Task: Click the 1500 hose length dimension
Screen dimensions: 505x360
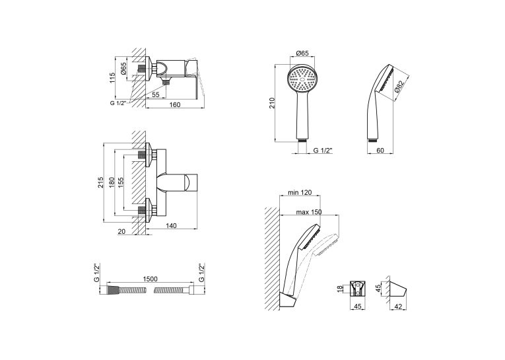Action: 149,279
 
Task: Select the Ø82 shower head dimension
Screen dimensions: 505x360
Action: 399,87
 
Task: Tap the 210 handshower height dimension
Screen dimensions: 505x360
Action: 272,103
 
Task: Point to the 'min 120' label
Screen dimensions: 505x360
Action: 300,192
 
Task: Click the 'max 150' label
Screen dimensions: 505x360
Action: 309,212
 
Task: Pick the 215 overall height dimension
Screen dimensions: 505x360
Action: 101,182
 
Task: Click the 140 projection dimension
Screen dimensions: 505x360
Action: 171,226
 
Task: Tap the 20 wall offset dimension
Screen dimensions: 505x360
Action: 121,231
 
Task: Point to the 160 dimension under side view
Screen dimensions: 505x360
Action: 175,104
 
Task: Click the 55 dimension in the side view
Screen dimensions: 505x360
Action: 156,94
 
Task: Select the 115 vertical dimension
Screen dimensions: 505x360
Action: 112,78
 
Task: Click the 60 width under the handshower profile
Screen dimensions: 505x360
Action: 380,150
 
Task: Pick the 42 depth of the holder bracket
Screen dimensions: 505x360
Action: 398,306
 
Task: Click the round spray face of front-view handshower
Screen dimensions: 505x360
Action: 302,79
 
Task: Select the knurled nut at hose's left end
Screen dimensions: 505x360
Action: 113,289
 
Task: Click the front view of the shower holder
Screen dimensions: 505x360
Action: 358,288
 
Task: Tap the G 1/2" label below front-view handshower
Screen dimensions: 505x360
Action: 323,150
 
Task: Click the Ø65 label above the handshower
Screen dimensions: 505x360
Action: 302,54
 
